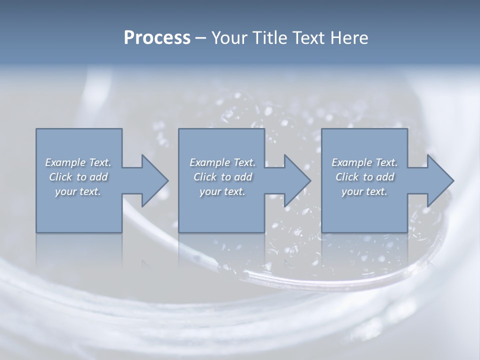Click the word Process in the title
(x=157, y=38)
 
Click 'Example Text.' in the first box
(x=78, y=162)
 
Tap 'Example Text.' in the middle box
(x=222, y=162)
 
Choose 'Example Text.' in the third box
(x=364, y=162)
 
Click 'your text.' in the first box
(x=78, y=191)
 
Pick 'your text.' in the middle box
(x=222, y=191)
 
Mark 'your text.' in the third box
(x=364, y=191)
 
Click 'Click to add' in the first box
(x=78, y=177)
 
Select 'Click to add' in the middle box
(x=222, y=177)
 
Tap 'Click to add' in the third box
(x=364, y=177)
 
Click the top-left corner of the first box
(x=36, y=129)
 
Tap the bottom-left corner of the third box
(x=322, y=232)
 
